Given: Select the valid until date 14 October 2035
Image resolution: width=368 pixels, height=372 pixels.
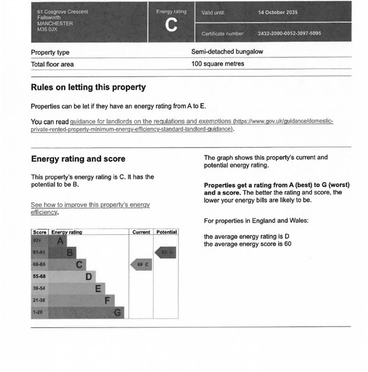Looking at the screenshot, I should tap(278, 12).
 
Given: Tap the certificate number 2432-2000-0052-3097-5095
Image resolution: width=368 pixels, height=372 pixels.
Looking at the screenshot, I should tap(289, 34).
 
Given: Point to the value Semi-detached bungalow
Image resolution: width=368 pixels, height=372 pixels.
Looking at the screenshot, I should tap(227, 52).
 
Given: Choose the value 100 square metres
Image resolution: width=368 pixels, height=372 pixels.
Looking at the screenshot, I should tap(217, 64).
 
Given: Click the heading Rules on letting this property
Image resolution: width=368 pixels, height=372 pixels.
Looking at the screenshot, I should tap(88, 88).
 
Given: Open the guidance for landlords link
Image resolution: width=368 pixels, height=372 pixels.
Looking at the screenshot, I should tap(151, 121).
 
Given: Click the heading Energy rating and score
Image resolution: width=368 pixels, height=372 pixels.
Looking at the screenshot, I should tap(78, 159).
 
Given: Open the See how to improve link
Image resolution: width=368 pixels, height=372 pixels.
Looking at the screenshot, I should tap(90, 205).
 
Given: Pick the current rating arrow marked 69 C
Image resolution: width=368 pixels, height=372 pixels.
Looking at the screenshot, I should tap(142, 264).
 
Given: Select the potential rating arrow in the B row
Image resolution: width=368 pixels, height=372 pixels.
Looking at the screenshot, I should tap(166, 253).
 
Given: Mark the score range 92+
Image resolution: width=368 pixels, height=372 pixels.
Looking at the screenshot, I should tap(38, 241).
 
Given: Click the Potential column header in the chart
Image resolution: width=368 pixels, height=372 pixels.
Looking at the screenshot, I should tap(166, 232).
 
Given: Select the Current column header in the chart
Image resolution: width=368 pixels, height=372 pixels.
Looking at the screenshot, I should tap(141, 232).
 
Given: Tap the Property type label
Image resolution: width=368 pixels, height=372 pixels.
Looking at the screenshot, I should tap(50, 53).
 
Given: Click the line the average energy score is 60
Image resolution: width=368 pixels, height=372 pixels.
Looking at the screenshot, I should tap(247, 244).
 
